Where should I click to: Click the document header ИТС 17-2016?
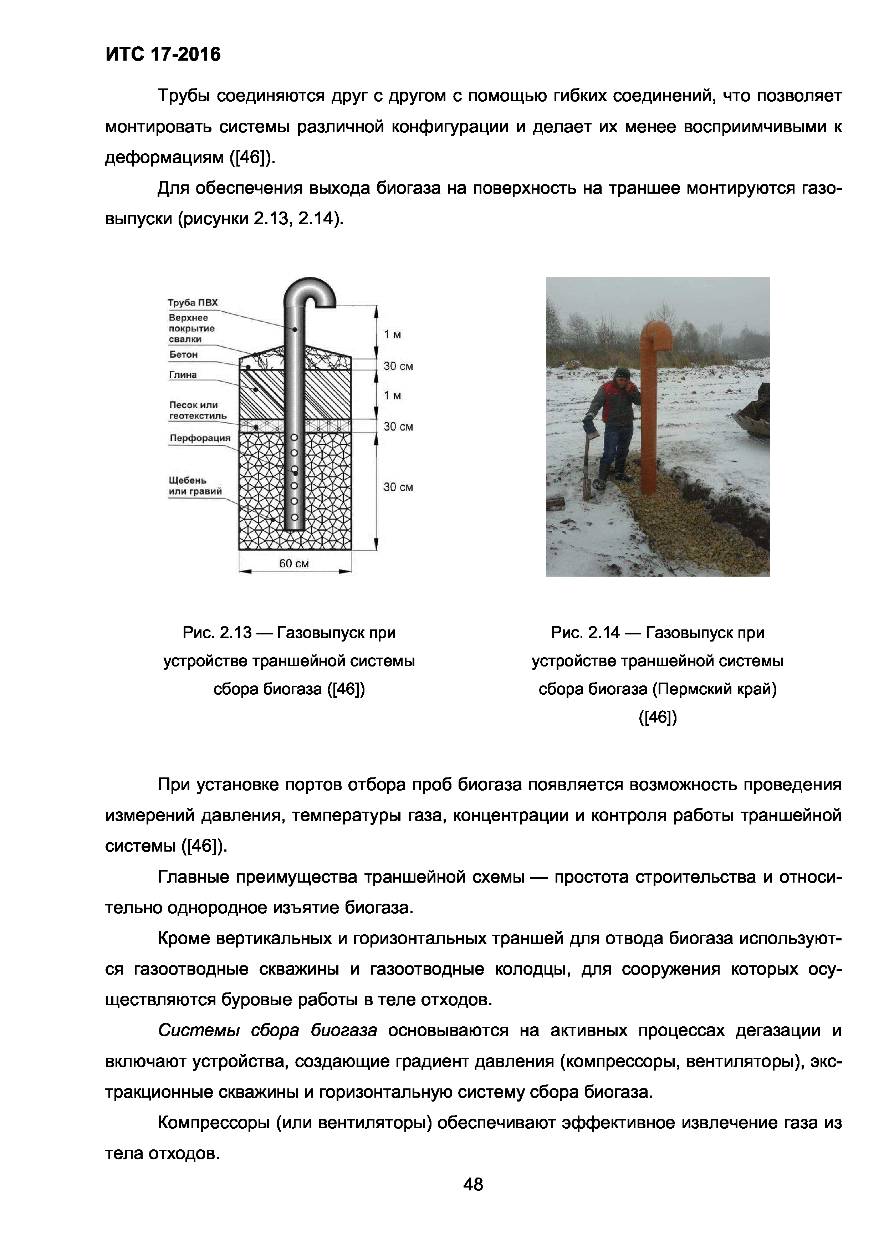(163, 55)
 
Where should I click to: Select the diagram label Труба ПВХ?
(192, 303)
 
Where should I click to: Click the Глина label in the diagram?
(183, 375)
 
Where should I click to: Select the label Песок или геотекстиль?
(197, 410)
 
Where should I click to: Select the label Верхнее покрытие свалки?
(191, 328)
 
